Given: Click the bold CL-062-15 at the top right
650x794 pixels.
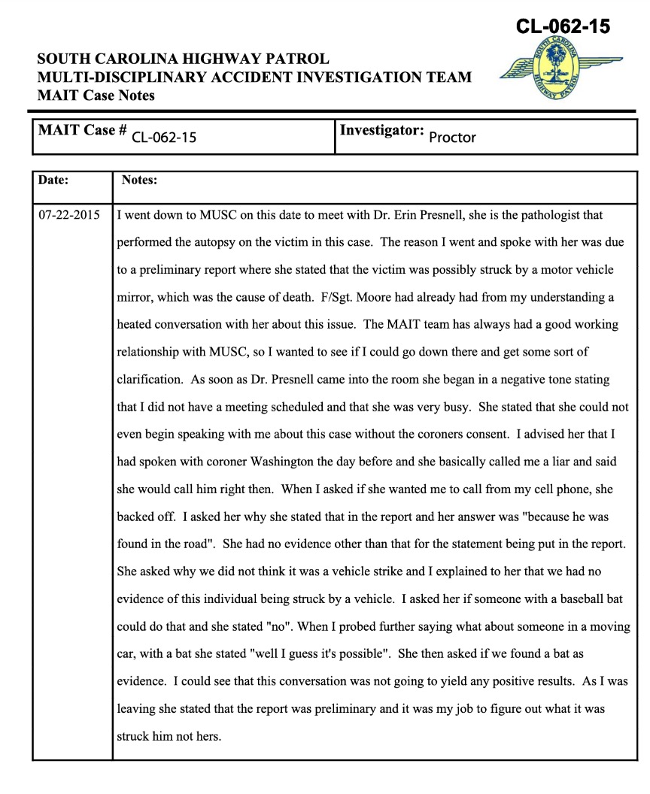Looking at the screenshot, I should coord(563,27).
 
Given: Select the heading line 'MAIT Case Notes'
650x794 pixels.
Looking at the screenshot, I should coord(96,95).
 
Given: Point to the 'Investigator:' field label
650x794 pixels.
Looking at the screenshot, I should coord(382,130).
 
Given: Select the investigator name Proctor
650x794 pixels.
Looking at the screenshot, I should coord(452,138).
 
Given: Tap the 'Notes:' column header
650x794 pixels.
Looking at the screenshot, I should coord(139,180).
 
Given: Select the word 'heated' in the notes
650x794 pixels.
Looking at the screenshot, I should coord(135,324).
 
